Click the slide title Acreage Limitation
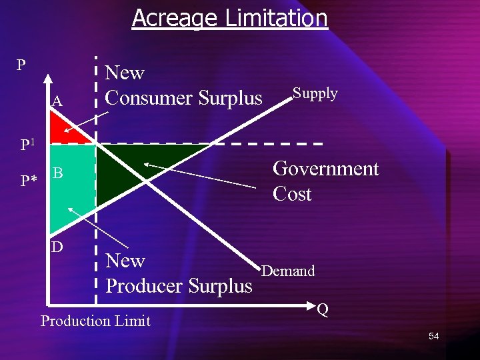(230, 18)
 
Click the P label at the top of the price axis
(21, 65)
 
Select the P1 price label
(28, 144)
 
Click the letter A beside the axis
(57, 101)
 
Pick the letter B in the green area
(58, 174)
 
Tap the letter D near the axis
(58, 247)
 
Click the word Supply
(315, 93)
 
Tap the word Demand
(288, 271)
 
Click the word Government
(325, 169)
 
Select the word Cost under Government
(292, 194)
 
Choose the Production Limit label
(95, 321)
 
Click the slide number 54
(434, 336)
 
